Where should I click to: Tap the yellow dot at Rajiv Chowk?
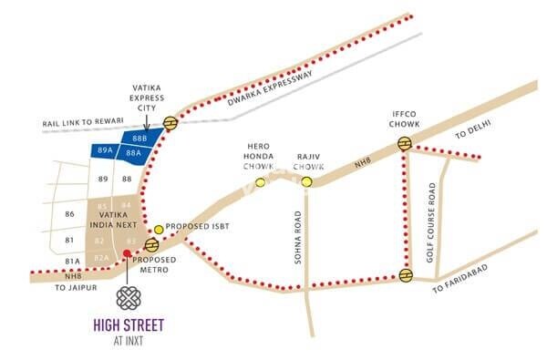point(307,181)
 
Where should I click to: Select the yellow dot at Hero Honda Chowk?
point(260,181)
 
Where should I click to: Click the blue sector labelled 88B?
point(139,138)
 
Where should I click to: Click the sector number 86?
point(69,213)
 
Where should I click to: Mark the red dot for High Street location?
point(126,254)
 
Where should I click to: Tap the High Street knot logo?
point(126,299)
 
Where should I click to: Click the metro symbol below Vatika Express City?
point(170,123)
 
